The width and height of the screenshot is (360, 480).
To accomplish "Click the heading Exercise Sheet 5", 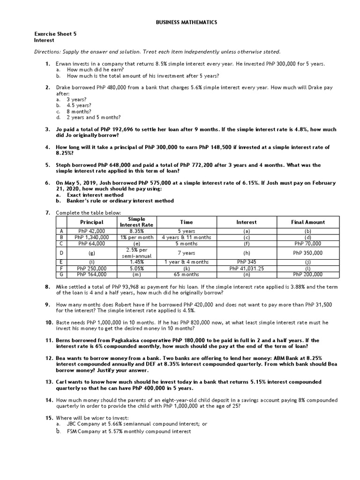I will (55, 34).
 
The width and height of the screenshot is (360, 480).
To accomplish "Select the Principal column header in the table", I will (91, 222).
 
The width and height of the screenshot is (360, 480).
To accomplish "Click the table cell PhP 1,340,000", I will (91, 238).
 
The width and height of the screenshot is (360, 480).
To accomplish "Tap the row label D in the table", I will (61, 253).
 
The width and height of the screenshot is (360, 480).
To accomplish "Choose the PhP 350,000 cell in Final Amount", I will (307, 253).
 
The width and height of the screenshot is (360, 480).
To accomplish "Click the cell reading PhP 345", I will (247, 262).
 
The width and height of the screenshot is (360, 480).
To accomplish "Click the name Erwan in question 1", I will (63, 63).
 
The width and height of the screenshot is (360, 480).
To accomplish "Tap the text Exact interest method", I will (95, 195).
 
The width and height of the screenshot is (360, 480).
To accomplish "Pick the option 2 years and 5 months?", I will (93, 118).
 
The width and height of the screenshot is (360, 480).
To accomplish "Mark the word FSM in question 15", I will (72, 431).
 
